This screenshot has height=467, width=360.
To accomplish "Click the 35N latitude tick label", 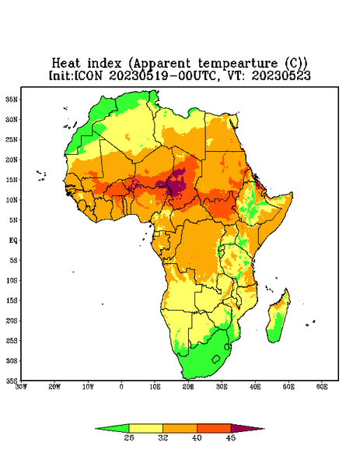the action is pyautogui.click(x=12, y=100).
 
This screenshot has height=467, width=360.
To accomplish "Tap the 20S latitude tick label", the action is pyautogui.click(x=12, y=321).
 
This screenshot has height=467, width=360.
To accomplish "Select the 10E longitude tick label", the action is pyautogui.click(x=155, y=387).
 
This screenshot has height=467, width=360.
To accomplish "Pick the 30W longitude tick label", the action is pyautogui.click(x=21, y=387).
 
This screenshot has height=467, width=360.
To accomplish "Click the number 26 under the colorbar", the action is pyautogui.click(x=129, y=437).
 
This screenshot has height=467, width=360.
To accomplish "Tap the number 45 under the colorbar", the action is pyautogui.click(x=231, y=437).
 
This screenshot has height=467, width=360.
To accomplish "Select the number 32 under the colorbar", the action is pyautogui.click(x=163, y=437).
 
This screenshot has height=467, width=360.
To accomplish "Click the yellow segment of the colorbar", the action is pyautogui.click(x=145, y=428).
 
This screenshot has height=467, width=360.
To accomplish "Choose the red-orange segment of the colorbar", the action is pyautogui.click(x=214, y=428).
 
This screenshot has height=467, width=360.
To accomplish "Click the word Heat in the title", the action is pyautogui.click(x=66, y=64).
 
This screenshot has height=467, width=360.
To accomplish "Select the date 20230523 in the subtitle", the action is pyautogui.click(x=281, y=75).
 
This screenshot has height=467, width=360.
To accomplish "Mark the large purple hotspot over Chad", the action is pyautogui.click(x=177, y=183).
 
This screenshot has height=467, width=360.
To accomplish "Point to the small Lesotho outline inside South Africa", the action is pyautogui.click(x=216, y=359).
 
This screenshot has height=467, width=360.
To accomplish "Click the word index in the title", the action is pyautogui.click(x=105, y=64).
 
